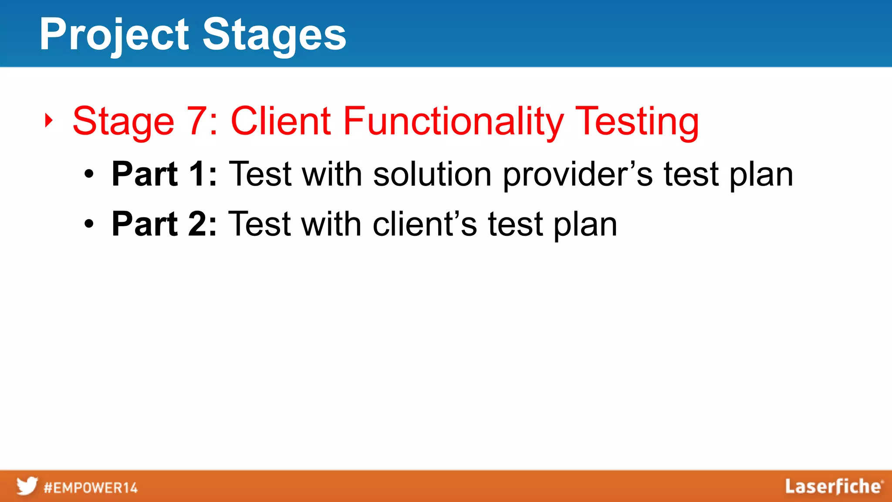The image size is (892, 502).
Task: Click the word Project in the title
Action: [114, 35]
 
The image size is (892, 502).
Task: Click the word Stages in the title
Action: [274, 35]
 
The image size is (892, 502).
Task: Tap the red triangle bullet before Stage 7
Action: [49, 121]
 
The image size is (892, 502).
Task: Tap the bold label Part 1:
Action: [164, 174]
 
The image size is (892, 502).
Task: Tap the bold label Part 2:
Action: [164, 224]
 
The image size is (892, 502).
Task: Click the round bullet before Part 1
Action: [89, 175]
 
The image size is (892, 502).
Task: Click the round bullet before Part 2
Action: [89, 225]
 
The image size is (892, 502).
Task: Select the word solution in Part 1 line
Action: [432, 174]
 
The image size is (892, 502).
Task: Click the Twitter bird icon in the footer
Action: [27, 486]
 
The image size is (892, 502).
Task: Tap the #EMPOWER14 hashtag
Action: [91, 488]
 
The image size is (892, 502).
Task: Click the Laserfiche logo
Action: [834, 487]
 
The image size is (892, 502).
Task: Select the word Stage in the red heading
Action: [123, 122]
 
